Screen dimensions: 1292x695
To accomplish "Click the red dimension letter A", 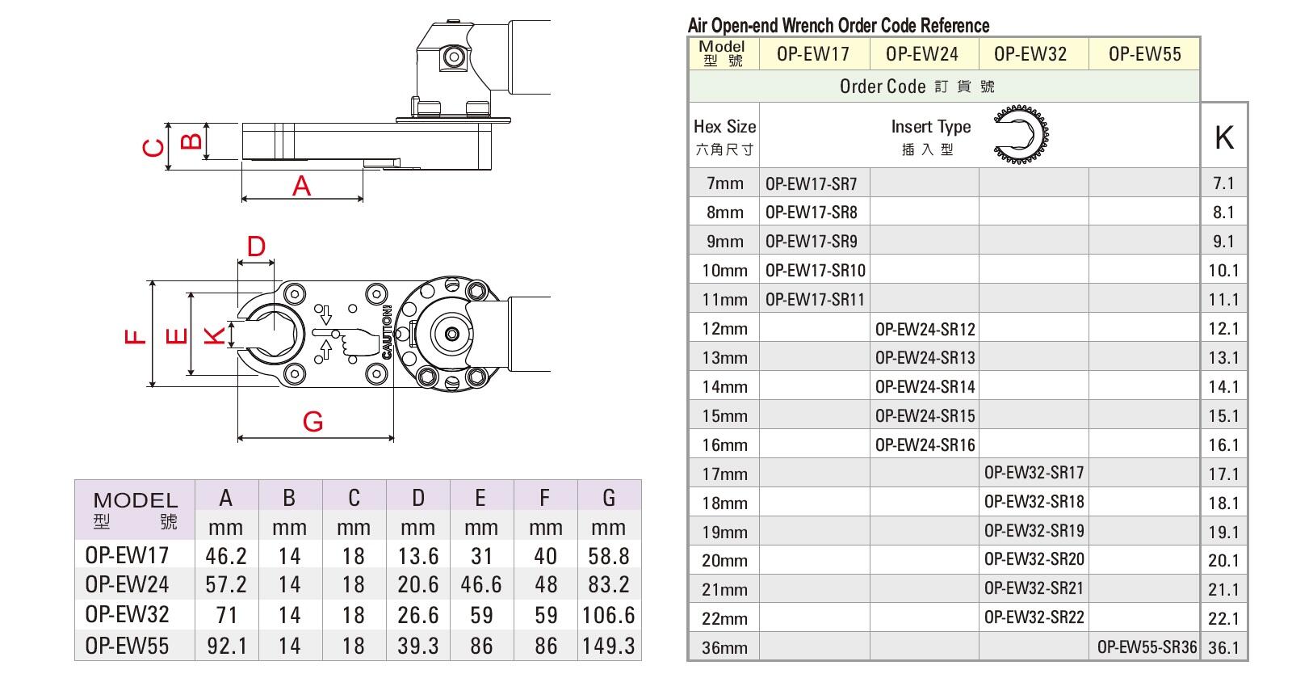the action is click(x=301, y=186).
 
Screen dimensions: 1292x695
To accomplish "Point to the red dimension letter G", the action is click(x=313, y=422).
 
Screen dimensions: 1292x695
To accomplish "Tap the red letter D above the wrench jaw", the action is click(x=256, y=246).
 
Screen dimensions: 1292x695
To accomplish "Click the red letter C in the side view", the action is click(x=153, y=149).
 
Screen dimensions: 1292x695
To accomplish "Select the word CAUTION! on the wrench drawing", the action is click(x=387, y=332).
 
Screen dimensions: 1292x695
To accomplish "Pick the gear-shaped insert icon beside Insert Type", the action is click(x=1021, y=134).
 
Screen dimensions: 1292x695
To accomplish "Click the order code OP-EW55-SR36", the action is click(x=1147, y=647).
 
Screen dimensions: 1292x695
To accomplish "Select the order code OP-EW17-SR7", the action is click(x=811, y=184).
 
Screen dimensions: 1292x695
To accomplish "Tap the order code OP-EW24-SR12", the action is click(x=925, y=329).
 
